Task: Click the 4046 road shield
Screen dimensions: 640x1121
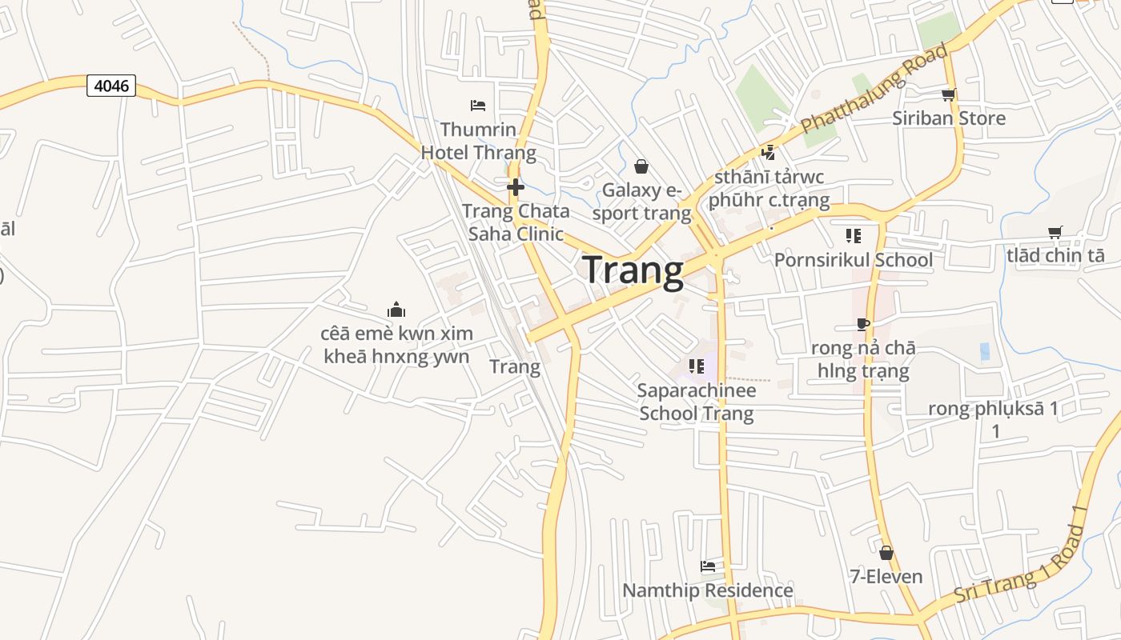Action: click(x=111, y=86)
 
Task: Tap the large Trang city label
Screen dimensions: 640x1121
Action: click(x=633, y=270)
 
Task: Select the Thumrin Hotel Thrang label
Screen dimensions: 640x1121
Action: click(x=478, y=141)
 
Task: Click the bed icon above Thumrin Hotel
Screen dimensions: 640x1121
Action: click(x=478, y=105)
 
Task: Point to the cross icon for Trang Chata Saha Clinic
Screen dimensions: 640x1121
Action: click(x=516, y=187)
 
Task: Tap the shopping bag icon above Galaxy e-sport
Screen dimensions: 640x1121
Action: click(x=641, y=166)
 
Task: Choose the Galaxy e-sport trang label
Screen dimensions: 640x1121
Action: click(x=641, y=202)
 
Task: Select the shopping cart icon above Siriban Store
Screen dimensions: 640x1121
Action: click(x=949, y=95)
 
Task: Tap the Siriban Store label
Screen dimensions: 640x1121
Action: click(x=949, y=118)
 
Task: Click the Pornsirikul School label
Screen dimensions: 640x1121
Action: click(x=853, y=260)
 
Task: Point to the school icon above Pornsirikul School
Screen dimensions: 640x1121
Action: click(x=853, y=236)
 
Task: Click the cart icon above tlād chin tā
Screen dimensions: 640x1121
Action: click(x=1055, y=232)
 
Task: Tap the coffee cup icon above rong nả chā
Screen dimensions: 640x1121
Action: click(x=862, y=324)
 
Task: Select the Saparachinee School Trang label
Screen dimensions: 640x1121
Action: click(x=697, y=402)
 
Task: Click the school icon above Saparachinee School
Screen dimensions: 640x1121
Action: click(x=697, y=366)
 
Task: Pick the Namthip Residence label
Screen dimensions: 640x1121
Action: click(x=708, y=590)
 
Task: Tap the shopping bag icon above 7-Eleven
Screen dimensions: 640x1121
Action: click(x=886, y=553)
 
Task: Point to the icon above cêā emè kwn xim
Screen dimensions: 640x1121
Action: click(x=396, y=310)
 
